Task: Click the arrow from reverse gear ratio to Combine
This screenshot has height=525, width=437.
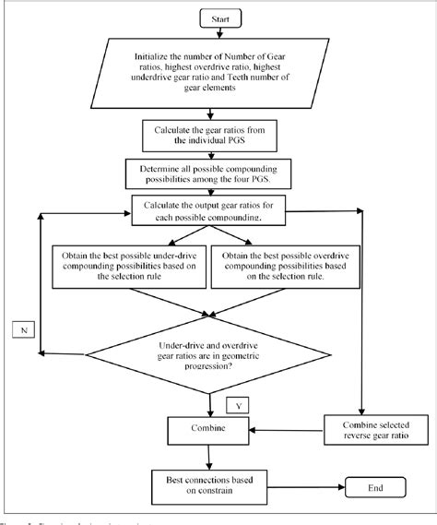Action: coord(287,428)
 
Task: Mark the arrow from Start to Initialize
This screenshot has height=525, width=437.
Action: coord(214,33)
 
